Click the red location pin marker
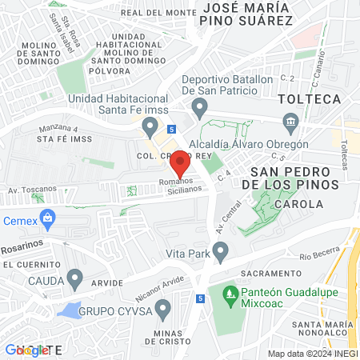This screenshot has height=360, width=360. pyautogui.click(x=180, y=163)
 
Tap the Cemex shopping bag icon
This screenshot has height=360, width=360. pyautogui.click(x=48, y=217)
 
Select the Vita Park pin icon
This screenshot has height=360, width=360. pyautogui.click(x=220, y=251)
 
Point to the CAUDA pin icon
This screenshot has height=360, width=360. pyautogui.click(x=75, y=279)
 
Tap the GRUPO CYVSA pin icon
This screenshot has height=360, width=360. pyautogui.click(x=163, y=306)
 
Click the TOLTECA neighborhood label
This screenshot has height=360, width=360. pyautogui.click(x=309, y=98)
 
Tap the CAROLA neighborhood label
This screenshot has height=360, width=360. pyautogui.click(x=298, y=204)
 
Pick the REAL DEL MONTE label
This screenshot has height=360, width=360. pyautogui.click(x=158, y=13)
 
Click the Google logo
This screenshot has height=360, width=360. pyautogui.click(x=24, y=350)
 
